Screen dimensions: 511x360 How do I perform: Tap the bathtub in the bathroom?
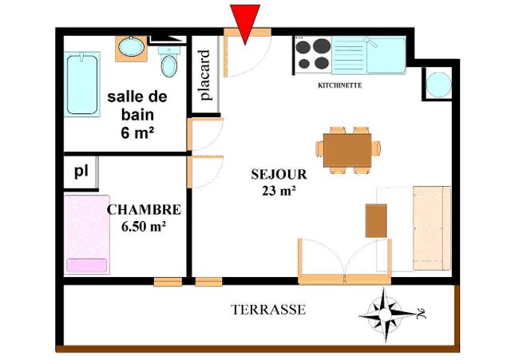coord(82,85)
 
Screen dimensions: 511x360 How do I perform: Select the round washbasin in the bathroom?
coord(131,47)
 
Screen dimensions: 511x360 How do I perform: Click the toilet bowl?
coord(168,65)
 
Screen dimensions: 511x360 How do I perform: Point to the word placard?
coord(205,75)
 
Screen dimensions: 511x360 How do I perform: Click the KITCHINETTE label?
coord(340,85)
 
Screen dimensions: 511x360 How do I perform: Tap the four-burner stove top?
coord(312,53)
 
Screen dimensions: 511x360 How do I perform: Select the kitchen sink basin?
coord(386,56)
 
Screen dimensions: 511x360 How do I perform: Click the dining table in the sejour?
coord(347,150)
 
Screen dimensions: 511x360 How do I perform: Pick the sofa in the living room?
coord(432,228)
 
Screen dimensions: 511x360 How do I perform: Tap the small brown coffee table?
coord(376,220)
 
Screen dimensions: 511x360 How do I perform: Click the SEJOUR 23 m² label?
coord(279,183)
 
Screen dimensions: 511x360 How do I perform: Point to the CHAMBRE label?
coord(144,209)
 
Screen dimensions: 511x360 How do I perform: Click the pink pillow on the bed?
coord(87,265)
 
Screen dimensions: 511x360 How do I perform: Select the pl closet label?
coord(81,172)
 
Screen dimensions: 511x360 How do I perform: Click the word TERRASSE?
coord(268,310)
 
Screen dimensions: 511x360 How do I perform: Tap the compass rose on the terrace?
coord(386,315)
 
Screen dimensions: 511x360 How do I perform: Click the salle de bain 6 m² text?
coord(137,115)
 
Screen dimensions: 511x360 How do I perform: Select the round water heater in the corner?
coord(438,85)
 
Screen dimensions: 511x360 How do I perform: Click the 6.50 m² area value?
coord(144,227)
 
